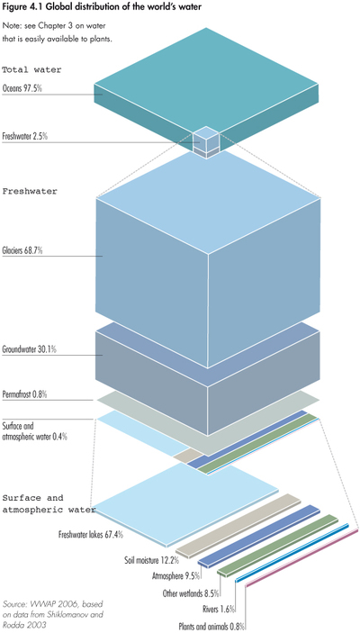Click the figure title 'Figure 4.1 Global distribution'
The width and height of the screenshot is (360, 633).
click(104, 8)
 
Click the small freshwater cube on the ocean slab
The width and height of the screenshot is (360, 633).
click(208, 142)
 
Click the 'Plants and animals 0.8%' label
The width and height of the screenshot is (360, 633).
click(212, 626)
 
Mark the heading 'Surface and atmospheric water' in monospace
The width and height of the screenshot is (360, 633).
click(45, 503)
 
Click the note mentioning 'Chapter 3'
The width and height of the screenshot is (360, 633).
click(58, 39)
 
